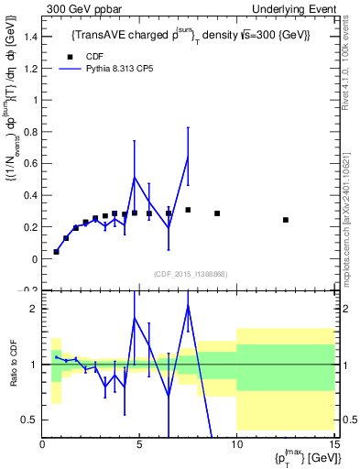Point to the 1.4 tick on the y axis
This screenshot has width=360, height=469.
pyautogui.click(x=28, y=38)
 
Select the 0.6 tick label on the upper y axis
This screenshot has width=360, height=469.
pyautogui.click(x=28, y=164)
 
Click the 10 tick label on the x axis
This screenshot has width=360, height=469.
pyautogui.click(x=236, y=444)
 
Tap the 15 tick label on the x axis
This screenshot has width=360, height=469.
pyautogui.click(x=333, y=444)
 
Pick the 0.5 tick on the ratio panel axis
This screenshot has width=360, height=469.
pyautogui.click(x=28, y=420)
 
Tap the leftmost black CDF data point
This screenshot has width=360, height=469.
pyautogui.click(x=56, y=251)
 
